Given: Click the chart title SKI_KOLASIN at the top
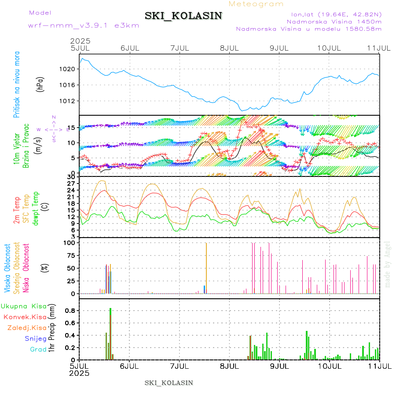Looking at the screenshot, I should (x=183, y=16).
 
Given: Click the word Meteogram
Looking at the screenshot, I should (x=256, y=4).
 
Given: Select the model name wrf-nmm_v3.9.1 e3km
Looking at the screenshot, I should (x=84, y=25).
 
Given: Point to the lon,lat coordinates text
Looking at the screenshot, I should (x=333, y=15).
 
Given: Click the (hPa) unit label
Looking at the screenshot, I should (x=40, y=84).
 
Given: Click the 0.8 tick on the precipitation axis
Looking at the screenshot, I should (x=70, y=310).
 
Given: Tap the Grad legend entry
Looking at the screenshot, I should (x=38, y=349).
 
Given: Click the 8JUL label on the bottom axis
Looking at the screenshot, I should (x=229, y=366).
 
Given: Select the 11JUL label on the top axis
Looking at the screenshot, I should (x=380, y=48).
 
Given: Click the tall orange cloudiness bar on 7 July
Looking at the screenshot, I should (x=206, y=268).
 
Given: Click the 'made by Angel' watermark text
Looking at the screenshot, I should (x=388, y=264).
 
